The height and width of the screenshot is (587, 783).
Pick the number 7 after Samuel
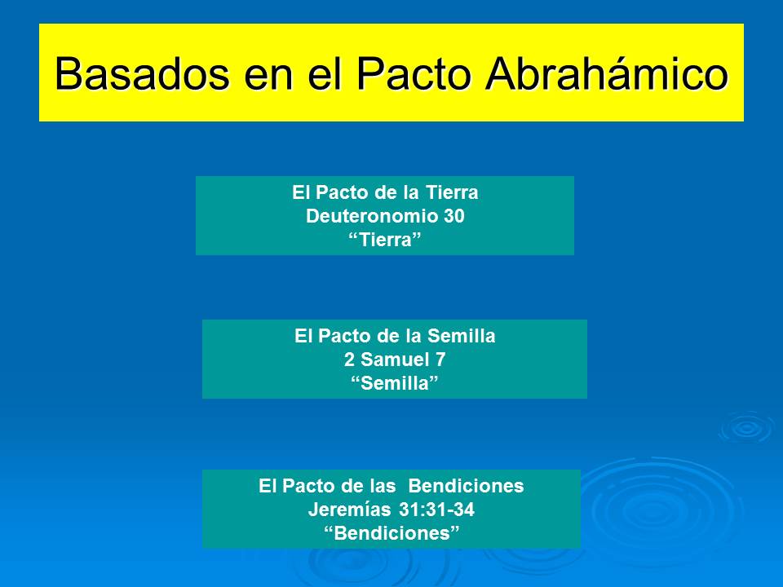(440, 360)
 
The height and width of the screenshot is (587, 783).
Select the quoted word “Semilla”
(395, 383)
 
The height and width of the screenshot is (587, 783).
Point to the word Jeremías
(343, 510)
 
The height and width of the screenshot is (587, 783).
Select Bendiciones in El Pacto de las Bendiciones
(465, 487)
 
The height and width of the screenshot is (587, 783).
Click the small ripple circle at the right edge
(745, 427)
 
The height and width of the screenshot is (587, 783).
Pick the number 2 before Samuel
(349, 360)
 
